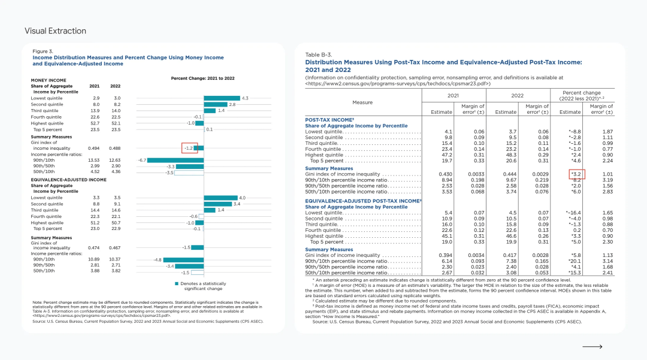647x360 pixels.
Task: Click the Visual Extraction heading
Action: (x=55, y=31)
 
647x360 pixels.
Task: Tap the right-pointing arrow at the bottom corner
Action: (x=592, y=347)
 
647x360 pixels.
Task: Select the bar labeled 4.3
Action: (x=222, y=98)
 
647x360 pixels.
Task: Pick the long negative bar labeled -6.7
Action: (x=176, y=160)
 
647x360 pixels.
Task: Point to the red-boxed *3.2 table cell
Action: (x=576, y=174)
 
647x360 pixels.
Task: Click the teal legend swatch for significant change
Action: (x=177, y=283)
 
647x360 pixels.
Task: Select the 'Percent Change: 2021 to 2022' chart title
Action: (x=202, y=78)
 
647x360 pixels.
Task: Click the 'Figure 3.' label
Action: (x=43, y=52)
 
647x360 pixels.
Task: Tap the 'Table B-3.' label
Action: (x=319, y=55)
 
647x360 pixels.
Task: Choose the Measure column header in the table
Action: (x=363, y=102)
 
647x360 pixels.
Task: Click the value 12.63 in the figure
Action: (x=115, y=160)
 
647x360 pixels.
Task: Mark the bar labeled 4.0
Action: (x=221, y=198)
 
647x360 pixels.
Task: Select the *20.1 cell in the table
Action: (x=575, y=261)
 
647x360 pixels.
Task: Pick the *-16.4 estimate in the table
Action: (x=575, y=213)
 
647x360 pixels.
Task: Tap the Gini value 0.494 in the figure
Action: (x=94, y=147)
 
